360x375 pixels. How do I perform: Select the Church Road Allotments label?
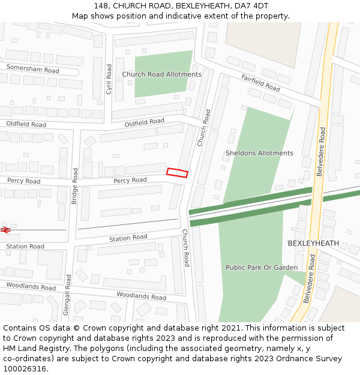[162, 74]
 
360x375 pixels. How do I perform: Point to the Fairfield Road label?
[261, 83]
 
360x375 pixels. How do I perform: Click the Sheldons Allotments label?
[259, 153]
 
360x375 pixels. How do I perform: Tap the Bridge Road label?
[75, 186]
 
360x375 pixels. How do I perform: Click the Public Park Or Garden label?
[262, 268]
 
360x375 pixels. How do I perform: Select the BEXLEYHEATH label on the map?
[313, 244]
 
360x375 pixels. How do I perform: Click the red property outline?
[177, 173]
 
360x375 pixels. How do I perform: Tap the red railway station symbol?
[6, 230]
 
